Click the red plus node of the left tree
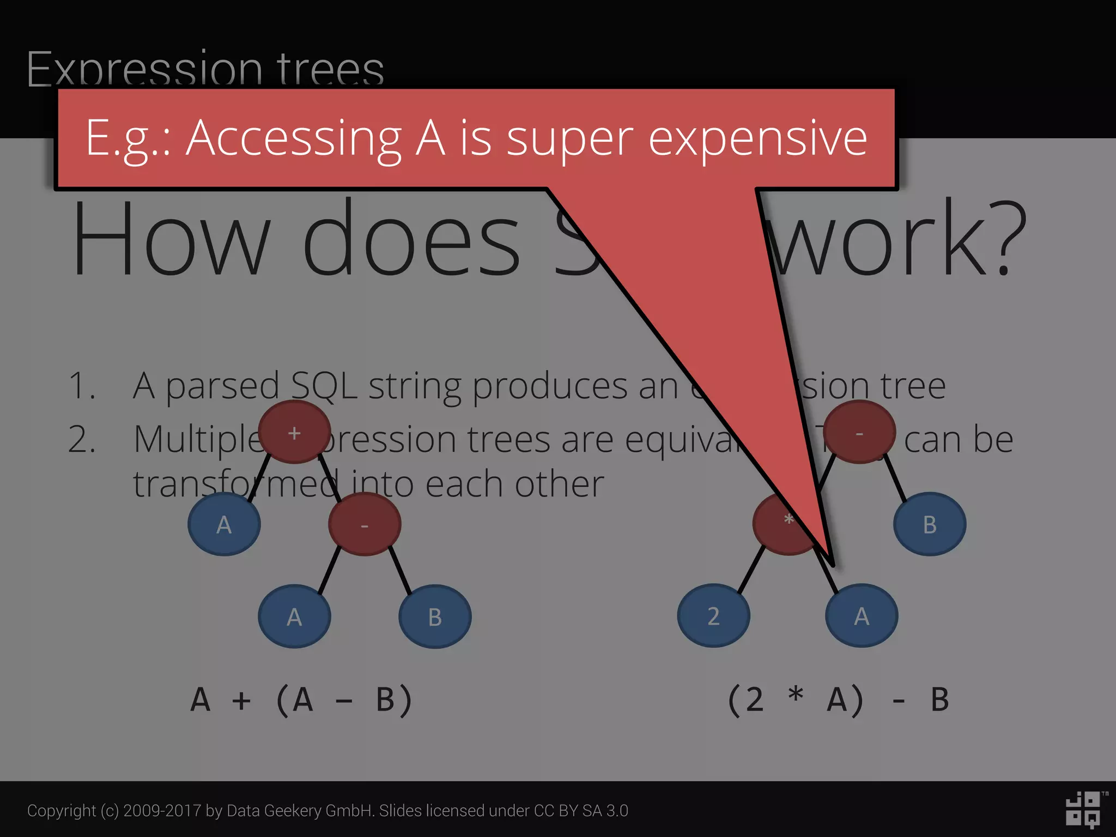click(x=294, y=432)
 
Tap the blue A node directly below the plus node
click(x=224, y=524)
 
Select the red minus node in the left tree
click(x=365, y=524)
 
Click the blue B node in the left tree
click(x=435, y=616)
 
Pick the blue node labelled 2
click(x=713, y=616)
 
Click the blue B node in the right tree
click(x=930, y=524)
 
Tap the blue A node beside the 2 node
click(x=861, y=616)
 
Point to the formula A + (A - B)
click(x=301, y=700)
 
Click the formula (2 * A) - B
click(x=838, y=700)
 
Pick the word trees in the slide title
click(x=330, y=70)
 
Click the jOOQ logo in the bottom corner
click(x=1084, y=810)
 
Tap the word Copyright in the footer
click(x=61, y=811)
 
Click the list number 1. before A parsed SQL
click(x=82, y=386)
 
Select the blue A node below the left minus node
click(x=294, y=616)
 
